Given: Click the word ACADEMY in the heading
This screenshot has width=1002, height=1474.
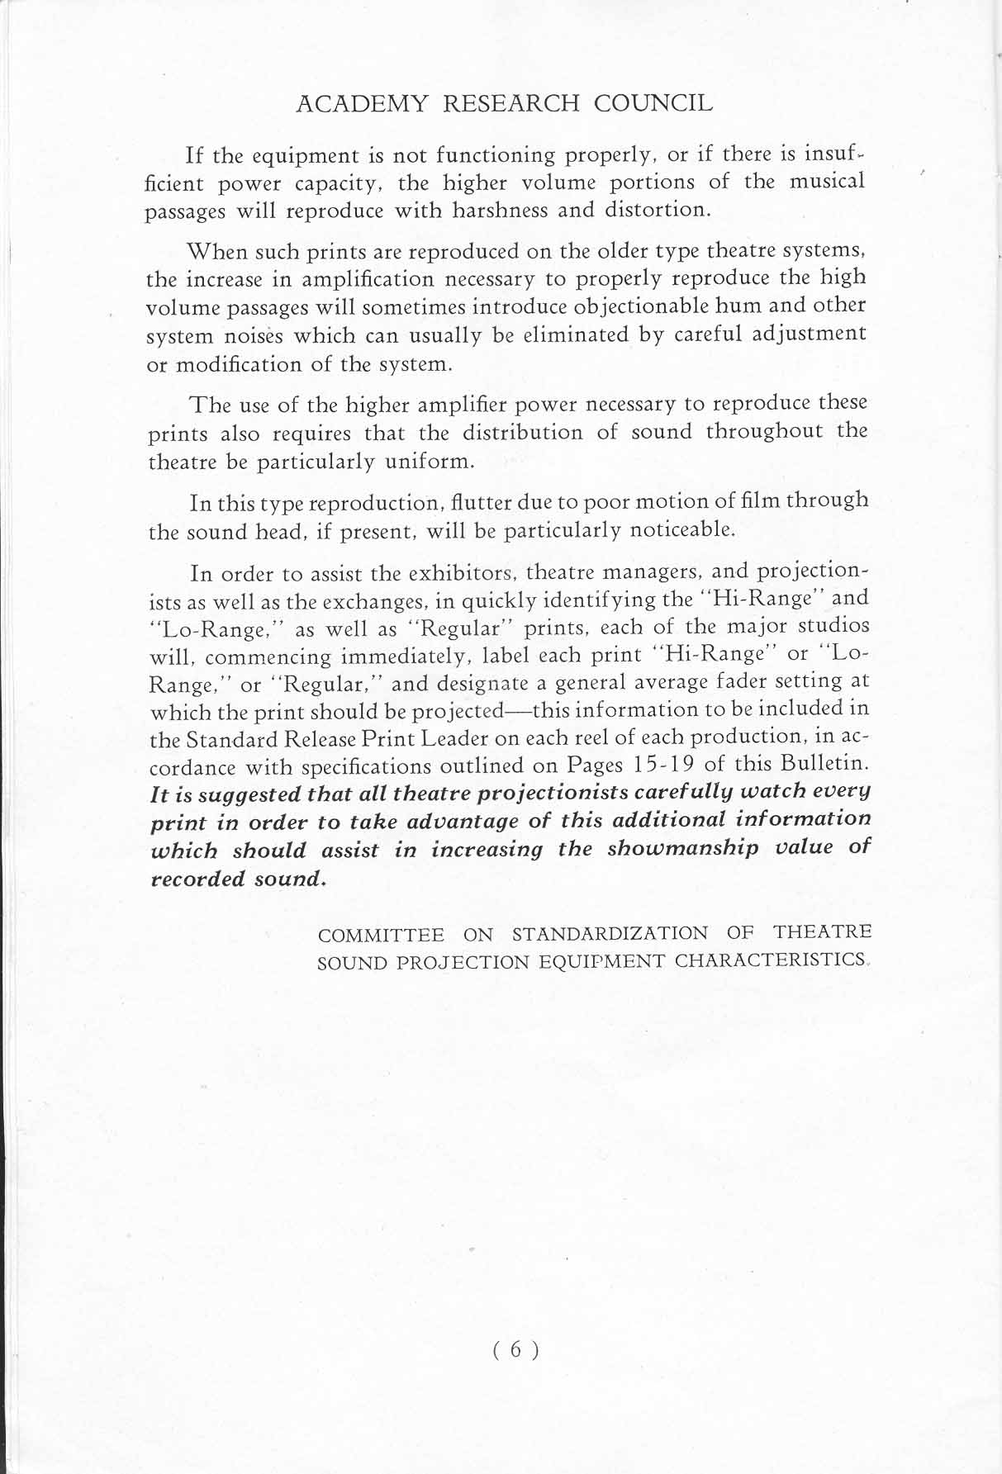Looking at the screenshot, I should [363, 104].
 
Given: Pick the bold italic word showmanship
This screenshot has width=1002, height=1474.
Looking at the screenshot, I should [682, 851].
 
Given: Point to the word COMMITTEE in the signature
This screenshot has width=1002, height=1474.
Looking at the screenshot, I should [381, 936].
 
